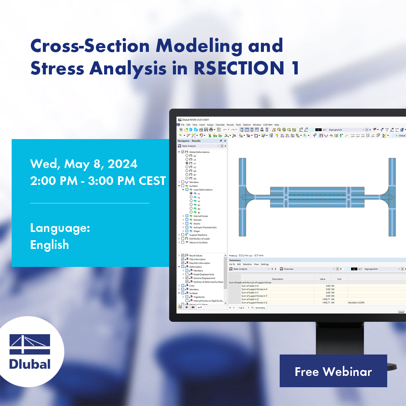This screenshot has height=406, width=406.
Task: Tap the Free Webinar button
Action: pyautogui.click(x=333, y=371)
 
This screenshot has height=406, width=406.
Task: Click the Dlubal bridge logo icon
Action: pyautogui.click(x=30, y=344)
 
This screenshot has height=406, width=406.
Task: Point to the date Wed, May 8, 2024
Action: pyautogui.click(x=83, y=164)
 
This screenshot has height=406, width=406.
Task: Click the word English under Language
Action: pyautogui.click(x=49, y=245)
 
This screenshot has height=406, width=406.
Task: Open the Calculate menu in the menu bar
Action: pyautogui.click(x=220, y=125)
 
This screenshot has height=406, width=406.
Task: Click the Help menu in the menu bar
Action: pyautogui.click(x=277, y=125)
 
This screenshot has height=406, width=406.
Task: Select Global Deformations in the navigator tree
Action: pyautogui.click(x=199, y=152)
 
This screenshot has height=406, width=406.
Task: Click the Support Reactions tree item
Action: pyautogui.click(x=198, y=235)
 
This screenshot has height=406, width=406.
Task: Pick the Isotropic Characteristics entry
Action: pyautogui.click(x=205, y=227)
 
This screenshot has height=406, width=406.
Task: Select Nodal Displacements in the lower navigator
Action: pyautogui.click(x=204, y=274)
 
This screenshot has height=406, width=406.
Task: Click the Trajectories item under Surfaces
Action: pyautogui.click(x=199, y=297)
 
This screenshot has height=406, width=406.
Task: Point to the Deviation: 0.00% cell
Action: pyautogui.click(x=356, y=302)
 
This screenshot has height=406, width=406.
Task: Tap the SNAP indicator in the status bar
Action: pyautogui.click(x=401, y=312)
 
